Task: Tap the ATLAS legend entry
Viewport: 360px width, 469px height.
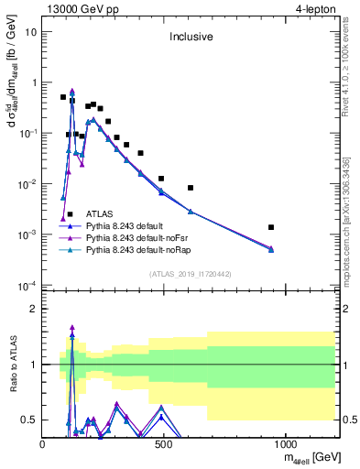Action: [99, 213]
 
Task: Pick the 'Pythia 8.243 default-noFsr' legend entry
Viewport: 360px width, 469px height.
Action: [136, 236]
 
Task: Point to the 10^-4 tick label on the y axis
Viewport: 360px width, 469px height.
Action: [27, 286]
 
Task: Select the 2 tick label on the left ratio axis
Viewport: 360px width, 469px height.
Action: [34, 309]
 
